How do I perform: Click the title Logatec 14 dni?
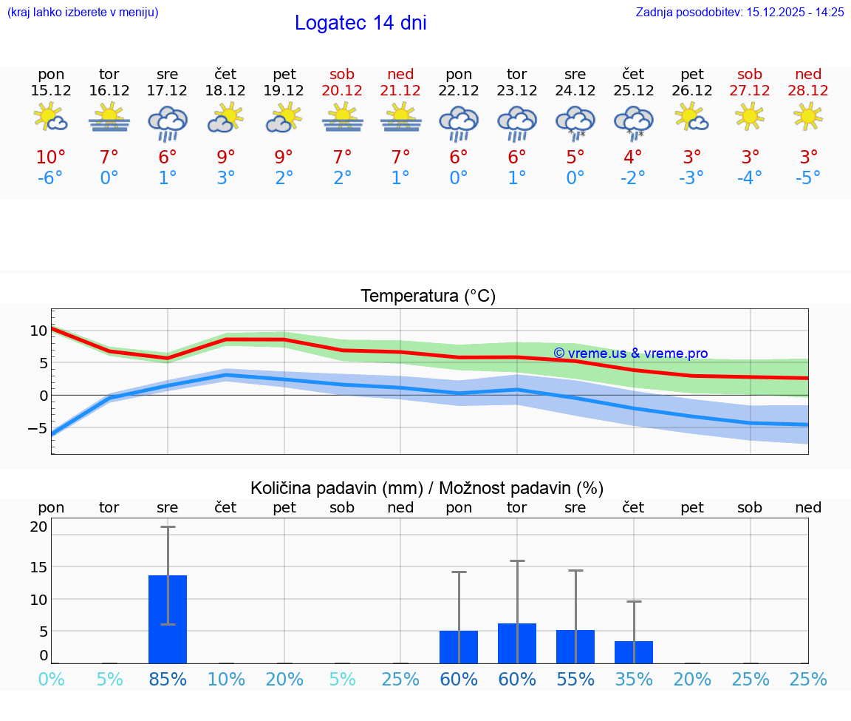click(x=360, y=23)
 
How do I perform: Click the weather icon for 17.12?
click(x=168, y=123)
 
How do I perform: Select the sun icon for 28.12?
click(x=808, y=116)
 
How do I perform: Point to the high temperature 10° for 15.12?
click(x=51, y=158)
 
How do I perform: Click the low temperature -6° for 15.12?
click(x=51, y=178)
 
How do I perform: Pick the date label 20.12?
click(x=342, y=91)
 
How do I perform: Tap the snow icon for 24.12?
click(x=575, y=123)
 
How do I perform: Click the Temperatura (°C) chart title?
click(x=428, y=297)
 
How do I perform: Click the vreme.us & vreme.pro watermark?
click(x=630, y=353)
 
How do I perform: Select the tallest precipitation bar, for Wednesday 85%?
click(x=168, y=619)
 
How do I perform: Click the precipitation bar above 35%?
click(x=634, y=652)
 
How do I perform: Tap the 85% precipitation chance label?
click(x=168, y=680)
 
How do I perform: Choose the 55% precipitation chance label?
click(x=575, y=680)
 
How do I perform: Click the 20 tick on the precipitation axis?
click(x=38, y=527)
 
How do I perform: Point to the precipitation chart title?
click(x=427, y=488)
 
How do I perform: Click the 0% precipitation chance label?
click(x=51, y=680)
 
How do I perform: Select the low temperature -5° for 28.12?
click(x=808, y=178)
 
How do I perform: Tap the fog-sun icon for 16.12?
click(x=109, y=117)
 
